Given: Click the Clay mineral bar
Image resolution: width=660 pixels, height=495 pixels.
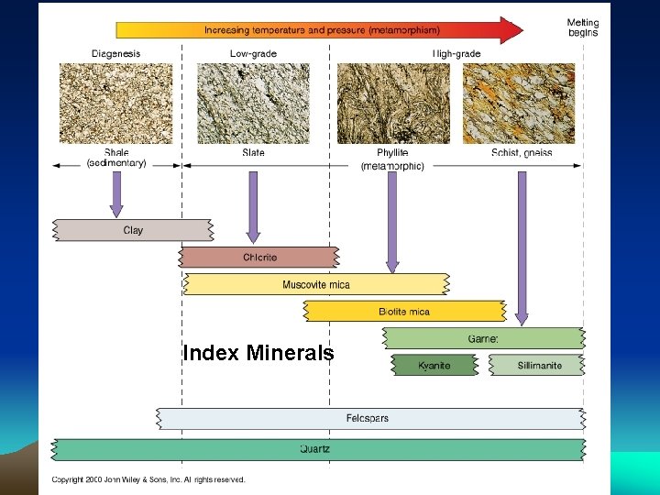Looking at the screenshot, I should coord(133,230).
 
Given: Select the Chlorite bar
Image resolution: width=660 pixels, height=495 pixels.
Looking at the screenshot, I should coord(259,258).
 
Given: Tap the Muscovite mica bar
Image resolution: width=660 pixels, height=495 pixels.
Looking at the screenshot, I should coord(316,284).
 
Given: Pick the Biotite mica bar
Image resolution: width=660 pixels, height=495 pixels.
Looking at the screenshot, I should coord(404,312).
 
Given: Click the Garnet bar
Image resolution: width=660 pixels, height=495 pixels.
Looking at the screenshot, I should coord(483,338).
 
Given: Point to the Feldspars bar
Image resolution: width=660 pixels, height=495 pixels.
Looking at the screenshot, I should coord(368,419).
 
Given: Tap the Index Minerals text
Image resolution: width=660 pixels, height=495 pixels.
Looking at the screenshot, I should coord(258,353).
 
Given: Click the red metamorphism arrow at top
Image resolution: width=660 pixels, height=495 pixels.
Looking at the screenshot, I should coord(321,30).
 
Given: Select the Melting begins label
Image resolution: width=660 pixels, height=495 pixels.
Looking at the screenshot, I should coord(582,28).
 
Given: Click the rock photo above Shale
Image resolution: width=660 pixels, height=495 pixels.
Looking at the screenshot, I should coord(116,103).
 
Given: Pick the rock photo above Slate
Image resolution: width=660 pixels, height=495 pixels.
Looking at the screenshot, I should coord(254,103).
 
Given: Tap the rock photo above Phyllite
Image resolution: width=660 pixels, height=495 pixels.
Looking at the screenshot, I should coord(393,103).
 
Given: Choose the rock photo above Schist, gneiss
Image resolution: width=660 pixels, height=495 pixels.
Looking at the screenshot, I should coord(519,103).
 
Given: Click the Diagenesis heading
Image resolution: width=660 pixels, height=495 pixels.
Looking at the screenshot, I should coord(116,54).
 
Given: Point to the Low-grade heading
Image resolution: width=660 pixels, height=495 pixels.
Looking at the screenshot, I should coord(253,54).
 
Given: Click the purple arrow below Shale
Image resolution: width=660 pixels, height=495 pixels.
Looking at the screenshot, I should coord(116,192).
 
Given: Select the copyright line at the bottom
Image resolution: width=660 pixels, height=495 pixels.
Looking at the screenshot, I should coord(148,479).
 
